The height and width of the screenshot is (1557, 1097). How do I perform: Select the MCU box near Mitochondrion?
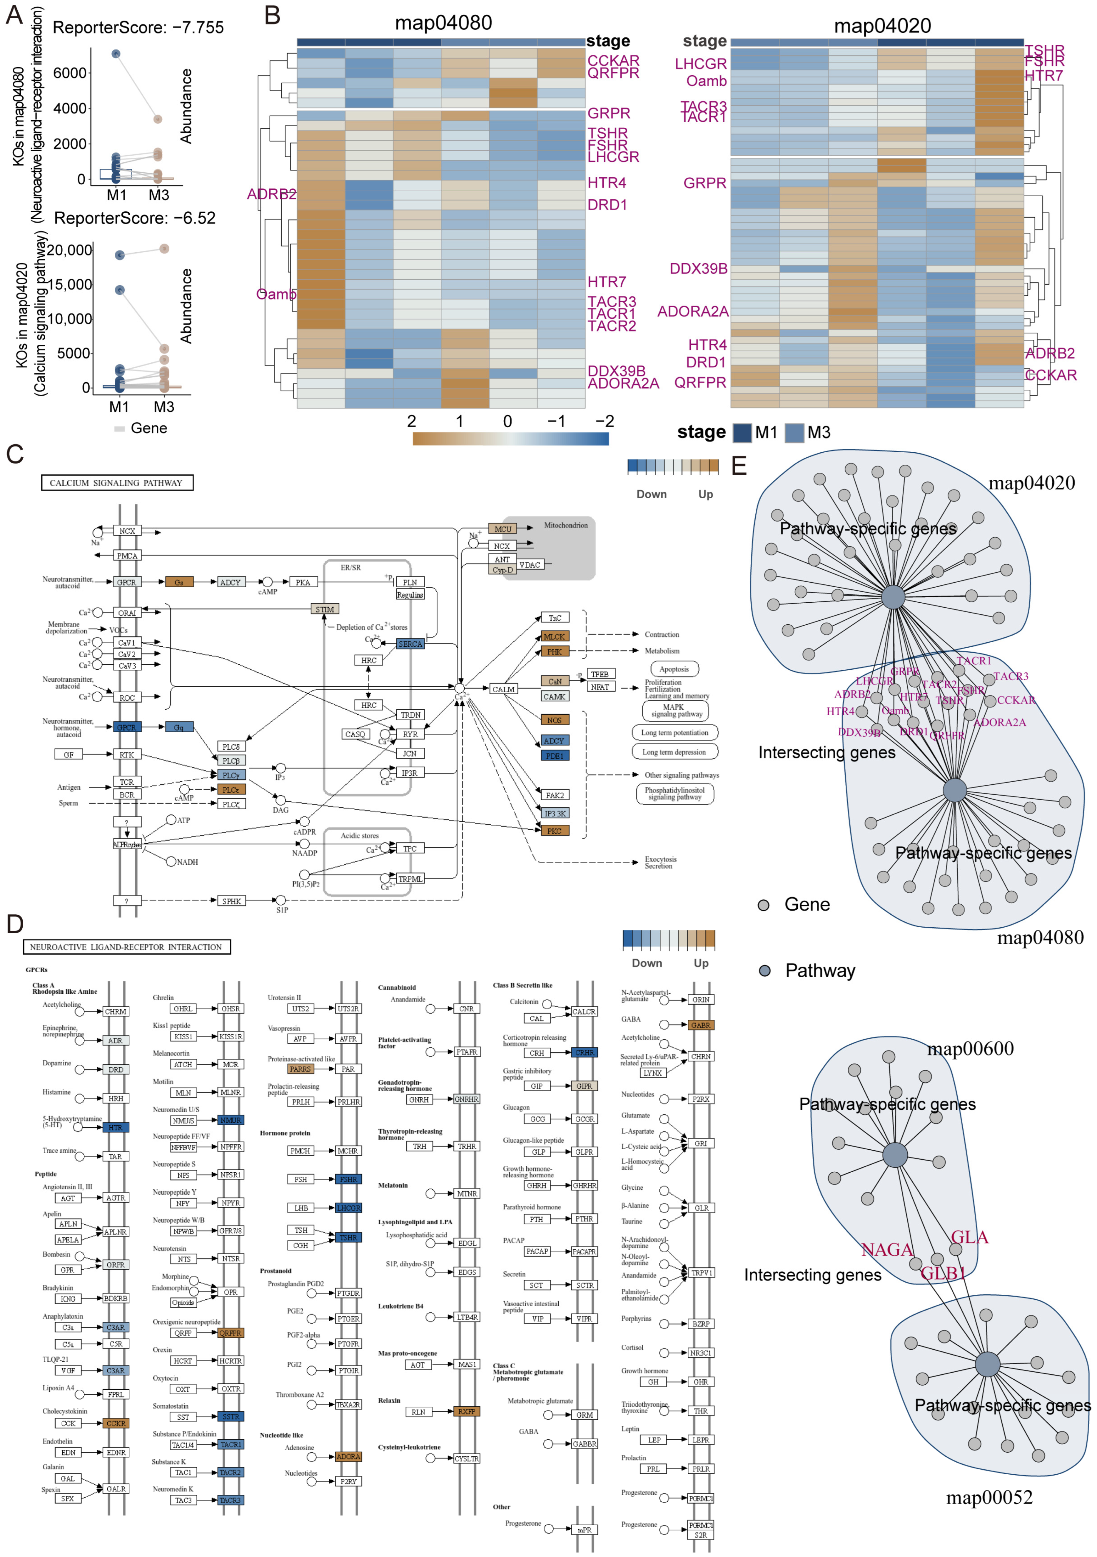click(x=502, y=529)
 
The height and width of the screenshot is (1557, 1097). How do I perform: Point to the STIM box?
click(x=325, y=609)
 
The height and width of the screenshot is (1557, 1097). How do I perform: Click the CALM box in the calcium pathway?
click(x=503, y=689)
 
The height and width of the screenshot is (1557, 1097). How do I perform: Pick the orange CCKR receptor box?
click(x=116, y=1423)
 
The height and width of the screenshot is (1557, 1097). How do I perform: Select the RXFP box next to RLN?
click(x=466, y=1411)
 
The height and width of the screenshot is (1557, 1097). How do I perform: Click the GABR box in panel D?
click(x=700, y=1025)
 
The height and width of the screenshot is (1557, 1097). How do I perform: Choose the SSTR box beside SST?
click(x=231, y=1417)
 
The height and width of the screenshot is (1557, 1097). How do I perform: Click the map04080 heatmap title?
click(x=443, y=23)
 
